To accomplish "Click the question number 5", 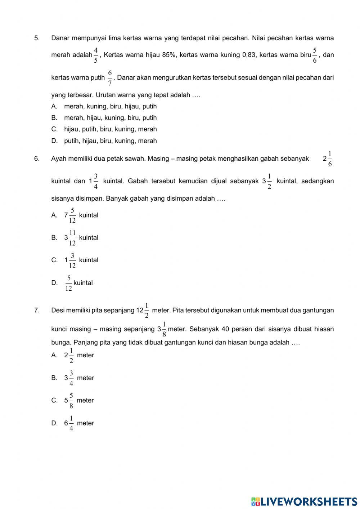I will coord(37,38).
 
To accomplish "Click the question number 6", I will coord(37,159).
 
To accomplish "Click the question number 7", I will coord(37,311).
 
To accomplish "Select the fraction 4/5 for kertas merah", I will coord(96,55).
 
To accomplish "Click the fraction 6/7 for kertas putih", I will coord(110,78).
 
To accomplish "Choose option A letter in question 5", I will coord(54,107).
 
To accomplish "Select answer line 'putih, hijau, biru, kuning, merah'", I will coord(110,141).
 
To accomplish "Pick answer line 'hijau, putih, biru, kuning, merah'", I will coord(110,129).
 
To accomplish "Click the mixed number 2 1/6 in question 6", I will coord(328,159).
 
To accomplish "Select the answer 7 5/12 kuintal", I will coord(81,215).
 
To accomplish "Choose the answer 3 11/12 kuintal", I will coord(81,238).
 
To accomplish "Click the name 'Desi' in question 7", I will coord(58,311).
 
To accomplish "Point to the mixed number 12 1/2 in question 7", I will coord(143,311).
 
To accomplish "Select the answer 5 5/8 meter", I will coord(78,401).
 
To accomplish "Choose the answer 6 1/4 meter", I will coord(78,423).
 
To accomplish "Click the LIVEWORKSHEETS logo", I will coord(304,501).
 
